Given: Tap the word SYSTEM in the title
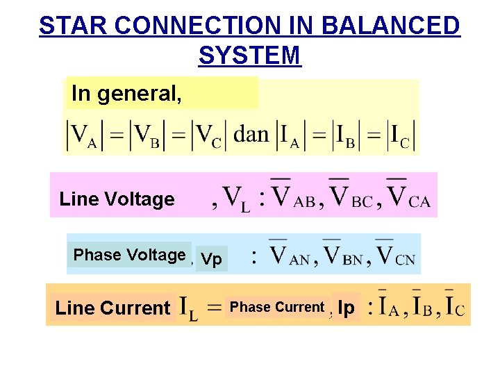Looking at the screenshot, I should click(x=249, y=55).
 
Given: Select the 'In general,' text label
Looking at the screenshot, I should click(x=127, y=93).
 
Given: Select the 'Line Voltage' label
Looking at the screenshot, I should click(x=117, y=199).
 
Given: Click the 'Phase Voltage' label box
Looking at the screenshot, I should click(x=129, y=255).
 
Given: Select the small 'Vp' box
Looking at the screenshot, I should click(x=211, y=260).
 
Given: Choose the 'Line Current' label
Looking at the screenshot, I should click(x=112, y=308).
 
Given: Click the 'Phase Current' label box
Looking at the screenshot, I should click(x=277, y=307).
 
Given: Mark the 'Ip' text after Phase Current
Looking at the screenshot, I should click(x=347, y=308).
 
